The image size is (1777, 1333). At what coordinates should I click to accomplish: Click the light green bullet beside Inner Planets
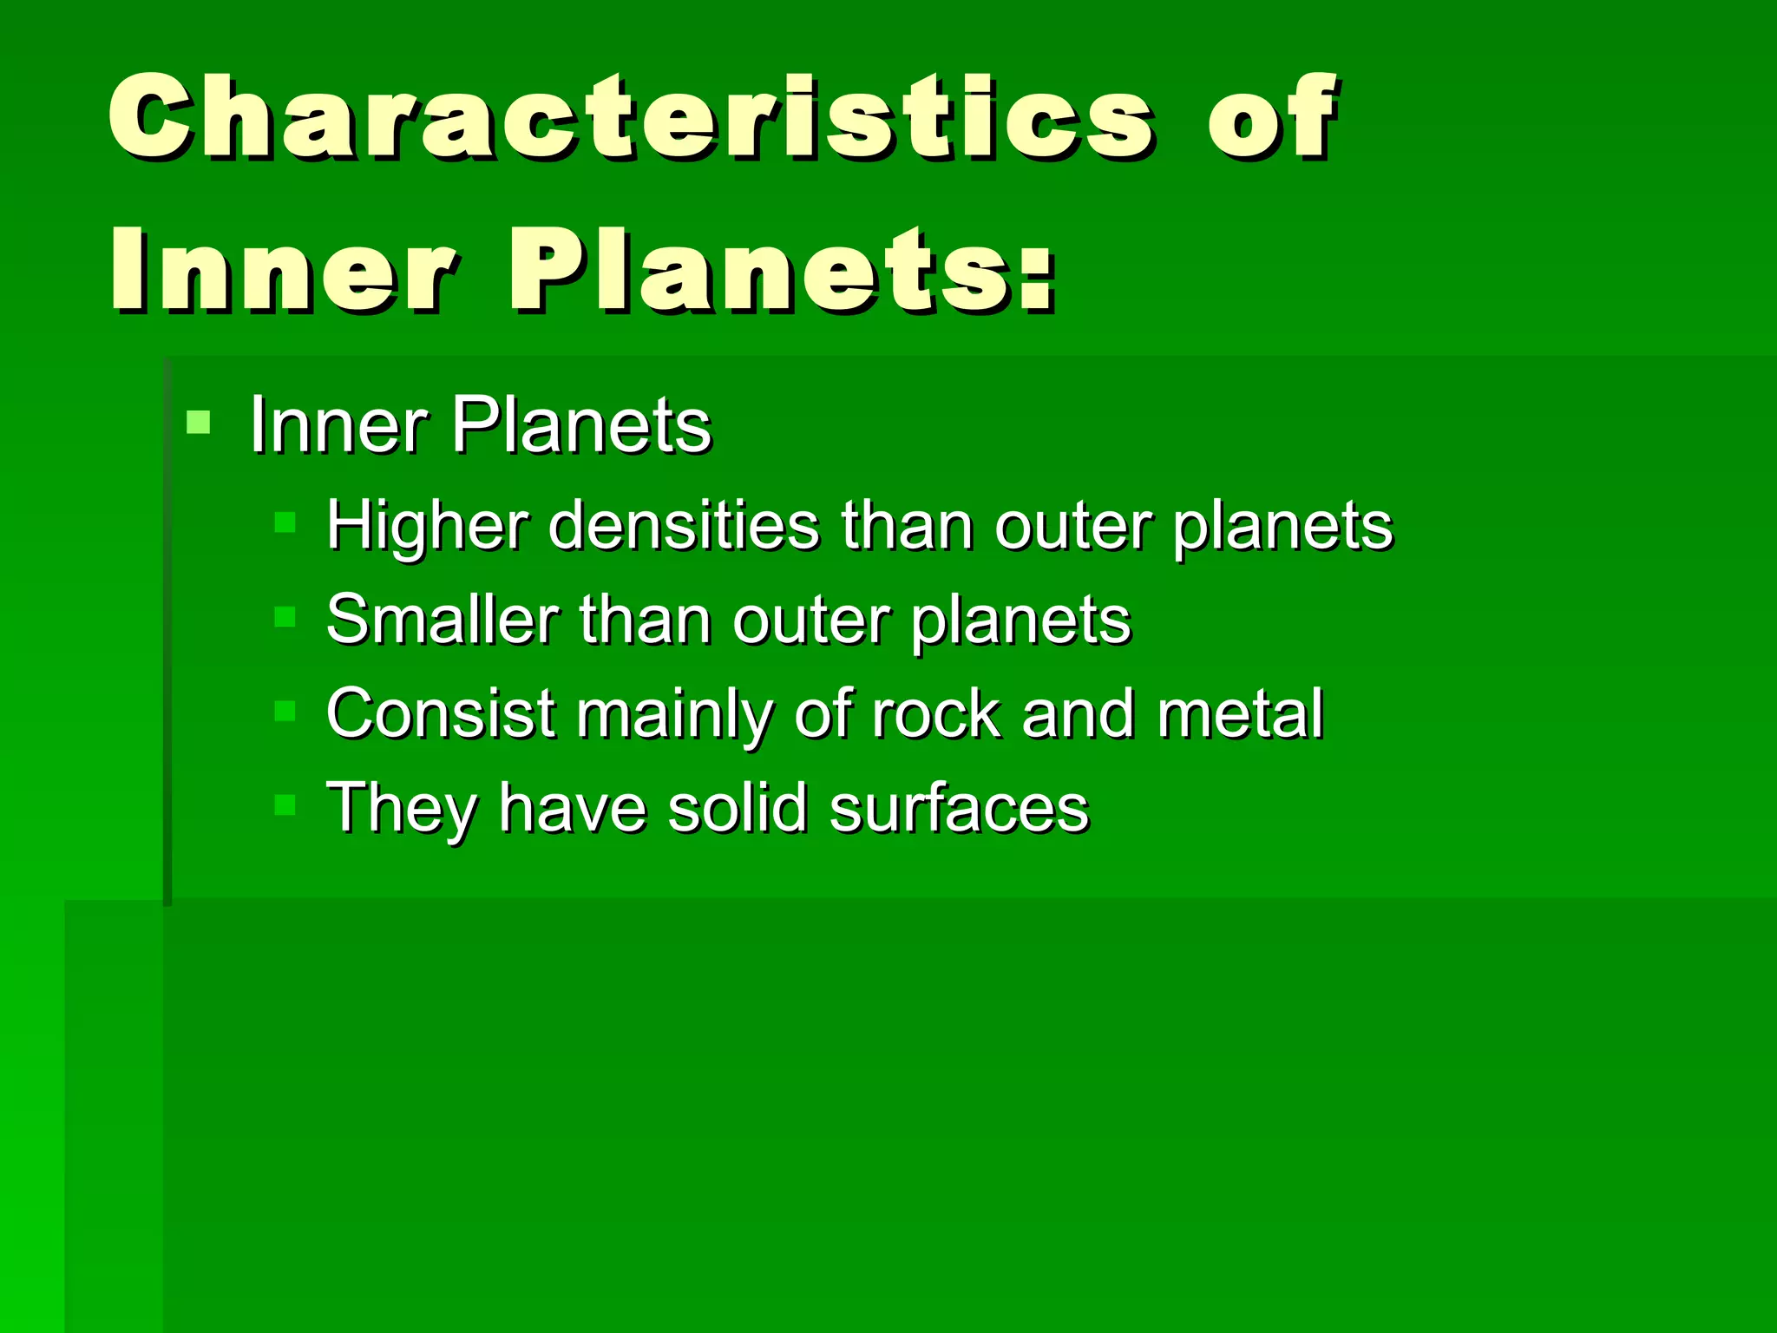click(x=199, y=423)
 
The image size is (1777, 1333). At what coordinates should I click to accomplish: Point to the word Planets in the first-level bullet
click(x=581, y=425)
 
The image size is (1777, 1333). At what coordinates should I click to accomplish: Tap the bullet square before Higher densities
click(x=285, y=522)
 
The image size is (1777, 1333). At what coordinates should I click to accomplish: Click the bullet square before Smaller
click(x=285, y=617)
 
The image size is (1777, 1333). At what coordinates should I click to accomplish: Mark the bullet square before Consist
click(x=285, y=712)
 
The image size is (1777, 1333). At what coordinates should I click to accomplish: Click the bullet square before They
click(x=285, y=805)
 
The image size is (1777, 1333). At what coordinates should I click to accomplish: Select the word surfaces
click(x=959, y=808)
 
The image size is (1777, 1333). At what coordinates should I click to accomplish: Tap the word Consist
click(x=440, y=714)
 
